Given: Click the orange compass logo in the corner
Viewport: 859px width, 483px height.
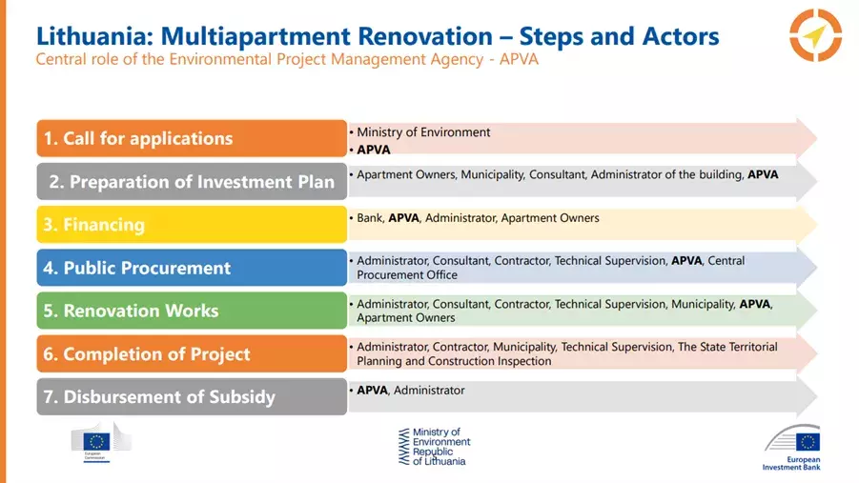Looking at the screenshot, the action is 815,35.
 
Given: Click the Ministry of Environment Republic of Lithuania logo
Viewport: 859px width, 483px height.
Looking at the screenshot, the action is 435,447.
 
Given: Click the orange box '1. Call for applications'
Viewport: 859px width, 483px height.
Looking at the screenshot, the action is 192,138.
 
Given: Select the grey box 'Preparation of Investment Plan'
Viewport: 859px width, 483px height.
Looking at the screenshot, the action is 192,181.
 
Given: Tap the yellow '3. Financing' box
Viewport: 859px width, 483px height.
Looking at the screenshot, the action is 192,225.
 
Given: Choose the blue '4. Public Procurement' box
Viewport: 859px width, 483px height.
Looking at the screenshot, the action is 192,268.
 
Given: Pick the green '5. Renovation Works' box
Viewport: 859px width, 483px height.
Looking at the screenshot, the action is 192,311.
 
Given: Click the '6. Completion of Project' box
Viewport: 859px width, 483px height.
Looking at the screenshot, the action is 192,353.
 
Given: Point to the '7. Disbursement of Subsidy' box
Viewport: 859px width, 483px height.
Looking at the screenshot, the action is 192,396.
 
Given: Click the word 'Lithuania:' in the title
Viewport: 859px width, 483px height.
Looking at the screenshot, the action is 94,36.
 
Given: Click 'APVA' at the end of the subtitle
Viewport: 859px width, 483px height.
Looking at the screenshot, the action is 519,59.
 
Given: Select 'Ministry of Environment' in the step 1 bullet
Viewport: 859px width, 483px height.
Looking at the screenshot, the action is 423,132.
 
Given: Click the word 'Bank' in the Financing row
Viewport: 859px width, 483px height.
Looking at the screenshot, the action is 370,218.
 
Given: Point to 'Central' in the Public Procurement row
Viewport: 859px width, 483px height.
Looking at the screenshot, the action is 726,261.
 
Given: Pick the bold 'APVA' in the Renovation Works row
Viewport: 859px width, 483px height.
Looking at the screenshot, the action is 754,304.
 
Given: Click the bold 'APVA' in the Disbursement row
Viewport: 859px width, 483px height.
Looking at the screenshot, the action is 373,391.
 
